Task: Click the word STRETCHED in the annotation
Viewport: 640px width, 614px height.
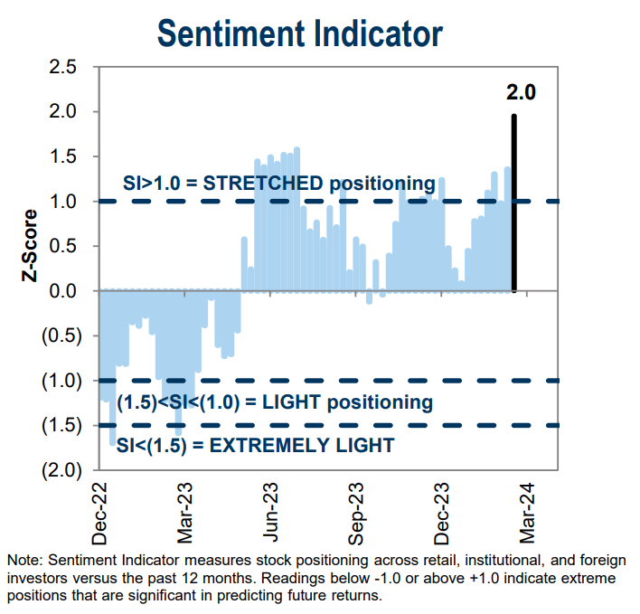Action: [x=262, y=184]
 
